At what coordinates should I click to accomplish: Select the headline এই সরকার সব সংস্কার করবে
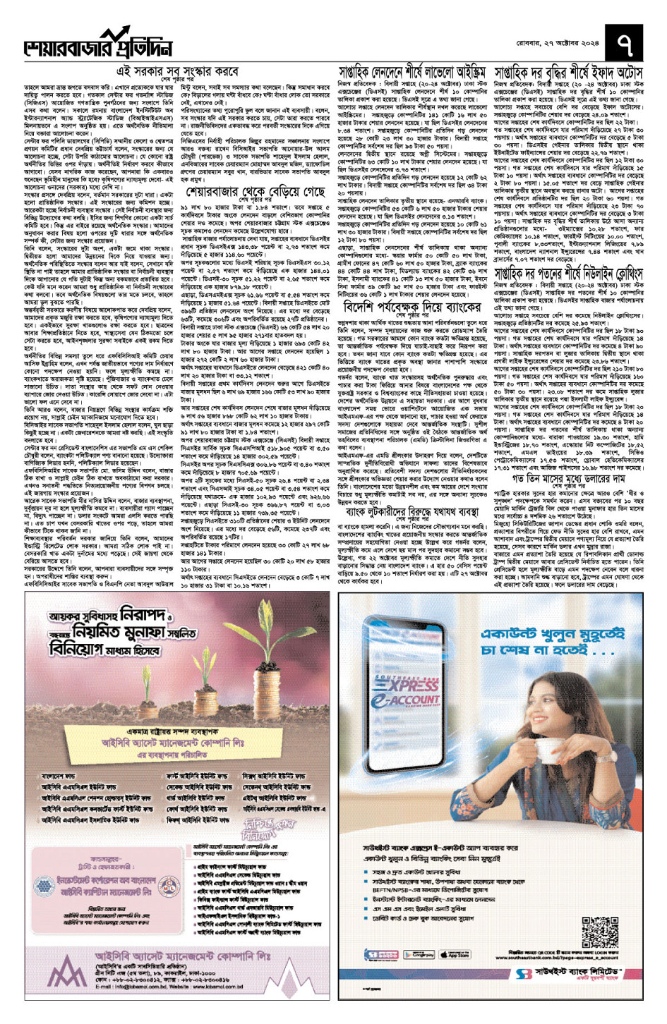pos(177,72)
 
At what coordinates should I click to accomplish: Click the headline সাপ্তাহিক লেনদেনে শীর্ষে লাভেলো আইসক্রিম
pos(413,73)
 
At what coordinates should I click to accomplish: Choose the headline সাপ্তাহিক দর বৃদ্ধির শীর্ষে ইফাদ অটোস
pos(569,73)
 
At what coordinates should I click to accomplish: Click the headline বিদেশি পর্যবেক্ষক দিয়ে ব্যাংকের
pos(412,307)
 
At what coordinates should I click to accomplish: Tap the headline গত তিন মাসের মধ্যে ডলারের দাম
pos(569,479)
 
